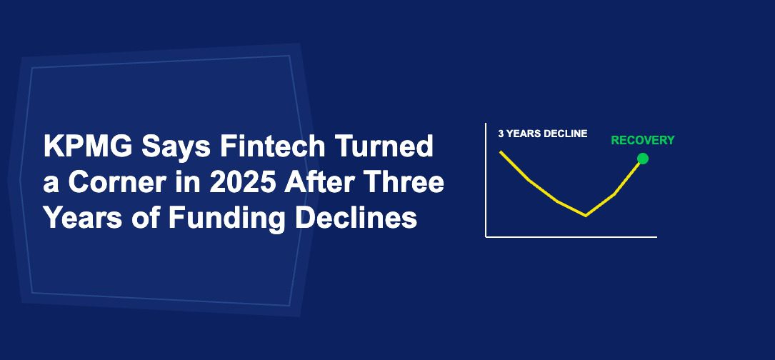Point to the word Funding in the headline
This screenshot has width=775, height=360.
[226, 219]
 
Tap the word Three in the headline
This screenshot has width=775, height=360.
[404, 182]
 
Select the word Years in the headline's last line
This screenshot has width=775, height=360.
[83, 218]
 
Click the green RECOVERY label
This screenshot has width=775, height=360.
[643, 141]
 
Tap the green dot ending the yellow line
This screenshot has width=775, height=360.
[643, 159]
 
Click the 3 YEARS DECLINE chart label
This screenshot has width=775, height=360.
[543, 134]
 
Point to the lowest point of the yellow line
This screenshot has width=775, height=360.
[586, 216]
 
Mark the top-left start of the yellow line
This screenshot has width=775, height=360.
[500, 152]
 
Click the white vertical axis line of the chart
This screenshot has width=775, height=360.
[486, 180]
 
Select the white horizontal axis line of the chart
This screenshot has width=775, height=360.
[571, 237]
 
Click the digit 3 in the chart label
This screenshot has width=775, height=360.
[501, 134]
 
